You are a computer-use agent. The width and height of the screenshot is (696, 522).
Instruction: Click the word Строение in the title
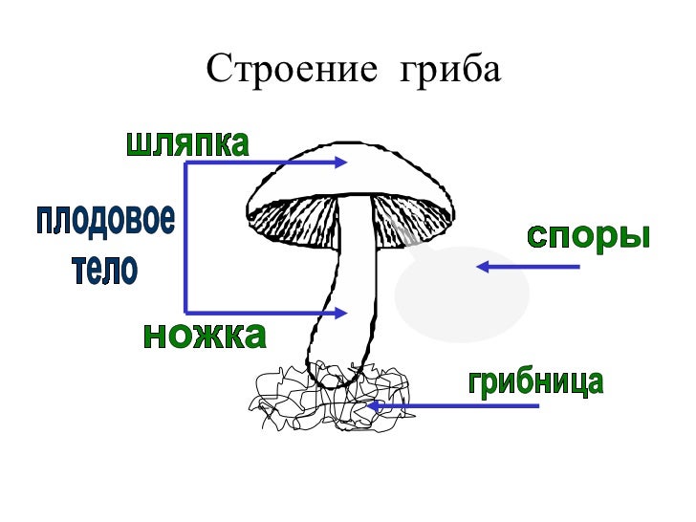coord(286,68)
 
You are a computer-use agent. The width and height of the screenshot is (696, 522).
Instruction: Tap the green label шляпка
coord(187,144)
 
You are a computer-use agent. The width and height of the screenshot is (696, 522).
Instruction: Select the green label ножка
coord(204,336)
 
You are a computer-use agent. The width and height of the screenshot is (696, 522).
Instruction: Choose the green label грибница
coord(535,382)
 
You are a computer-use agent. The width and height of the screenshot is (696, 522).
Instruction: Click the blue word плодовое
coord(105,221)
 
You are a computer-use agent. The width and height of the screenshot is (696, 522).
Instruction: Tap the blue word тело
coord(105,270)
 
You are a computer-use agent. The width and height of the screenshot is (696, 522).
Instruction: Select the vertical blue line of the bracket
coord(185,238)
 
